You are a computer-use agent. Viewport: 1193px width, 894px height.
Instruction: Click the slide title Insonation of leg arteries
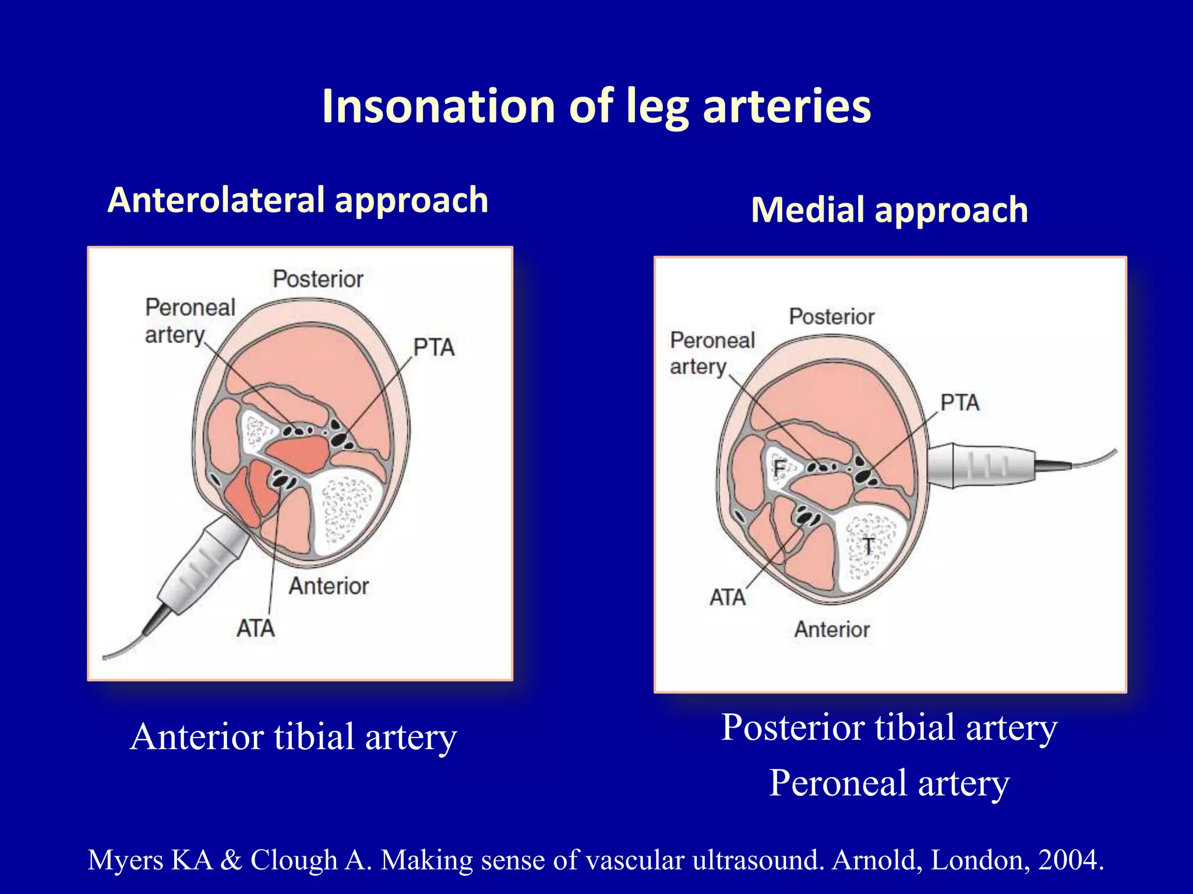[596, 106]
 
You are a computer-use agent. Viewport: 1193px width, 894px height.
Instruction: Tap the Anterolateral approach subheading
[298, 200]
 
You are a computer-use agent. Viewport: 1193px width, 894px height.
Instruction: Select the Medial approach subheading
[889, 210]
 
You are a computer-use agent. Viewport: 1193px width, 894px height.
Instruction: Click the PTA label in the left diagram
[433, 347]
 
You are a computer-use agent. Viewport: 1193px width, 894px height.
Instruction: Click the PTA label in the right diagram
[959, 403]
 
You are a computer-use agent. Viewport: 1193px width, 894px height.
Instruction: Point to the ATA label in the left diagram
[255, 629]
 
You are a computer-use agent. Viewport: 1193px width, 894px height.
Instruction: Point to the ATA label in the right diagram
[727, 598]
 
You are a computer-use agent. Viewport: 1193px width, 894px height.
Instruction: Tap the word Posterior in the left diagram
[318, 279]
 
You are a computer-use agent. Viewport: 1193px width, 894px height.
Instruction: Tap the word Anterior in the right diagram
[831, 630]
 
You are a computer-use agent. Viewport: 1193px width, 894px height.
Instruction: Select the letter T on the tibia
[868, 546]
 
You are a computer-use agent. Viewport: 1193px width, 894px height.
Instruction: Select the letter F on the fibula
[780, 467]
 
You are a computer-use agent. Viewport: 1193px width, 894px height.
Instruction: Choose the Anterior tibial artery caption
[293, 737]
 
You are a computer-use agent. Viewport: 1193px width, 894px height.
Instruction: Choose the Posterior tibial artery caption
[889, 728]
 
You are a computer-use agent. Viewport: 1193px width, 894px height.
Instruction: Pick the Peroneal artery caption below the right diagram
[889, 783]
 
